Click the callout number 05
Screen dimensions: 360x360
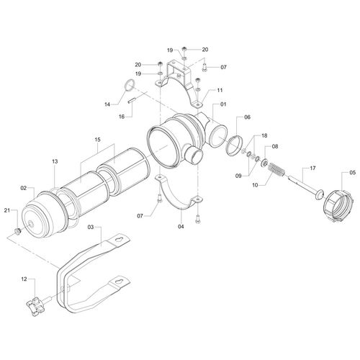pos(353,172)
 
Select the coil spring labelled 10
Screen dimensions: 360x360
pos(276,169)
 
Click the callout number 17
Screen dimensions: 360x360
pos(312,168)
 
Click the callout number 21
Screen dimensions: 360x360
pos(7,210)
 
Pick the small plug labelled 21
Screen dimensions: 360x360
pos(17,231)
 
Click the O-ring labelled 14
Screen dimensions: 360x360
pos(130,85)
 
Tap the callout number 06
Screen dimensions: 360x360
pos(247,117)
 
